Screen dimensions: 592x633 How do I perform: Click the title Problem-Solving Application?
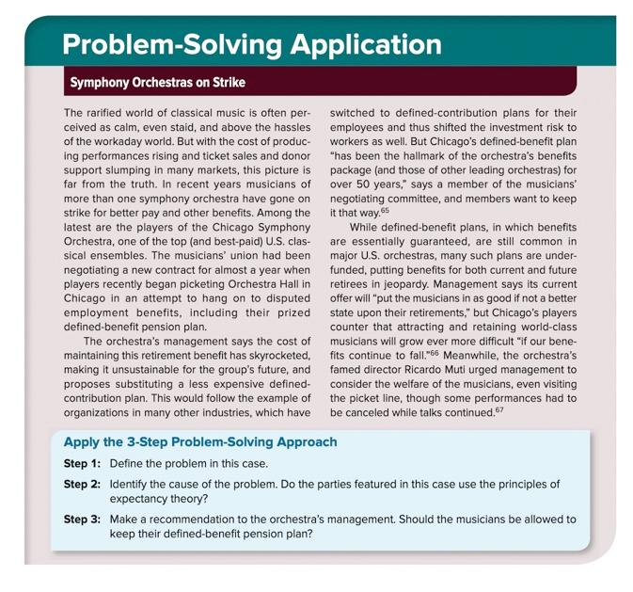(x=251, y=44)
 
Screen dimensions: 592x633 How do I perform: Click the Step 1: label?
(x=82, y=464)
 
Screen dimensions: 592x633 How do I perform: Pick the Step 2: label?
(x=82, y=485)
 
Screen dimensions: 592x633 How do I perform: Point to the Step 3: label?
(x=82, y=520)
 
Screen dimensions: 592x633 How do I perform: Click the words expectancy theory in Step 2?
(x=157, y=499)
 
